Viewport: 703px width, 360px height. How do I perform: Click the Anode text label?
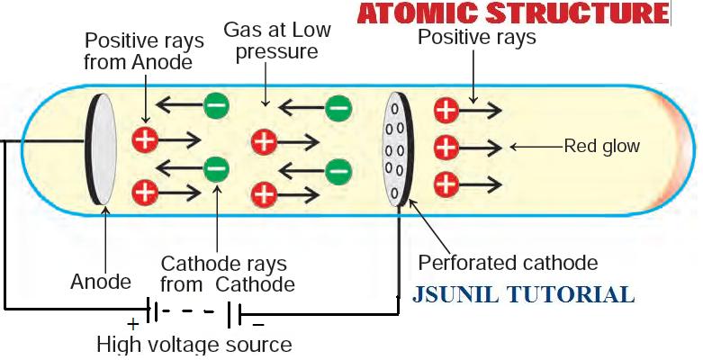pos(101,282)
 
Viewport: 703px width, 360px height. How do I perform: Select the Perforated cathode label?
pos(508,263)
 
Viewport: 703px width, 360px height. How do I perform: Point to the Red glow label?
pos(600,146)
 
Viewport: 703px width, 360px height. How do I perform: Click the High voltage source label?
pos(194,344)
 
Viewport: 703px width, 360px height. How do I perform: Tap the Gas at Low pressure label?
pos(277,40)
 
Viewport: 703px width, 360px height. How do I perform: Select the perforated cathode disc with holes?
pos(397,148)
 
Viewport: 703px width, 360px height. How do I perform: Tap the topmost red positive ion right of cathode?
pos(446,111)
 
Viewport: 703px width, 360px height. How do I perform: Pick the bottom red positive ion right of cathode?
pos(446,184)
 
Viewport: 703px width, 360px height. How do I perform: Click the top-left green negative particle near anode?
pos(216,105)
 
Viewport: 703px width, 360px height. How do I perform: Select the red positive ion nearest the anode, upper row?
pos(145,139)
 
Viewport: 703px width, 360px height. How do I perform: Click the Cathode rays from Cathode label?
pos(225,274)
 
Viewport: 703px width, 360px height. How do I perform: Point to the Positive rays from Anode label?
pos(138,52)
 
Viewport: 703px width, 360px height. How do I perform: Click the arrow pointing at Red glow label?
pos(535,146)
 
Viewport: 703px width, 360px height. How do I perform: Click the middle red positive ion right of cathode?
pos(446,146)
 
